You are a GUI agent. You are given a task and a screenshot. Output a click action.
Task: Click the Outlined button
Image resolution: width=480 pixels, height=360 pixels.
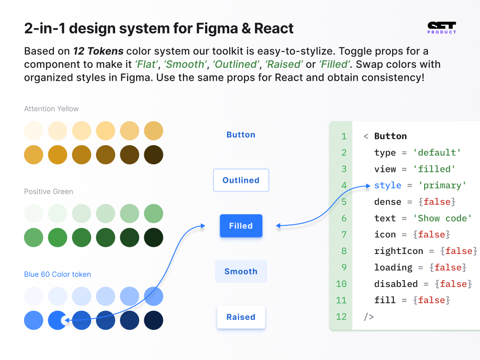241,180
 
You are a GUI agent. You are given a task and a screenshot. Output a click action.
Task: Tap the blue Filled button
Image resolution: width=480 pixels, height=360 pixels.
241,226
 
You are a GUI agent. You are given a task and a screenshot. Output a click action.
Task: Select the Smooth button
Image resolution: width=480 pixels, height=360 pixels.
241,271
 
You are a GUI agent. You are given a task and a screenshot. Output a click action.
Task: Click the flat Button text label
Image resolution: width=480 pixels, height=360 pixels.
241,135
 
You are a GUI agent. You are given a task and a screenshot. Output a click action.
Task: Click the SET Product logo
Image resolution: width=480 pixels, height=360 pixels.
442,28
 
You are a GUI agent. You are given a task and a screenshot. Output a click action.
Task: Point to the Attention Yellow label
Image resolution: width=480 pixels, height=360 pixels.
52,109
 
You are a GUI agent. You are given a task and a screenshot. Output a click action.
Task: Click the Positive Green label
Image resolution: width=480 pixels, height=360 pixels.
49,191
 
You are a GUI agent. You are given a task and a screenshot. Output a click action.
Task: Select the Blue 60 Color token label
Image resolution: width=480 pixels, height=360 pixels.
57,275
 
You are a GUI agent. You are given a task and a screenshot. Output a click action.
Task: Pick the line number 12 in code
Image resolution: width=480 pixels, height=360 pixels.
341,316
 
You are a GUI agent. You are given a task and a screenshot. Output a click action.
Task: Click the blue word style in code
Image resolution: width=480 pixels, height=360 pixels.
388,185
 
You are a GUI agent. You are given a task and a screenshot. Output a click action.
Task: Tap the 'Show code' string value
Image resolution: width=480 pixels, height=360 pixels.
442,218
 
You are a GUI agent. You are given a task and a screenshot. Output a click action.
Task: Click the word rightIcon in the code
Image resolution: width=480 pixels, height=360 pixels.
398,251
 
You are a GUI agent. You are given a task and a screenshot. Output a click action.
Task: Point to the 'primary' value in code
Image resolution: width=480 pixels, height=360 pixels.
442,185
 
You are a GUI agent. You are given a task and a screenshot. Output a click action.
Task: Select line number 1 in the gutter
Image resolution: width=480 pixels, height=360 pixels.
343,136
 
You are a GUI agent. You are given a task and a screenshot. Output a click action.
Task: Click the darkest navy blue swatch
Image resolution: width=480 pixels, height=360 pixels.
153,320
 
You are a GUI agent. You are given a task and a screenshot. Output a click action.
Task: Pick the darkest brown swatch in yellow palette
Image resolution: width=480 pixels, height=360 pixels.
153,155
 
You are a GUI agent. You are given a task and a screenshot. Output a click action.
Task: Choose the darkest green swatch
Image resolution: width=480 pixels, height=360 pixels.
153,237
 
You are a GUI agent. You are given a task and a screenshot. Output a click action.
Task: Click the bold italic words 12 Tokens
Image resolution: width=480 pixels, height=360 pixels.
98,51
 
